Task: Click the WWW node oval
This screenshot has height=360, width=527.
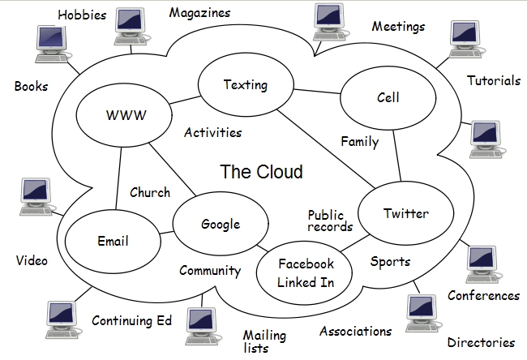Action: pos(126,115)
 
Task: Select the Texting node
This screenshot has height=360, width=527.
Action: pos(245,86)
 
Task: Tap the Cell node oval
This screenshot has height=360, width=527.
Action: pos(388,98)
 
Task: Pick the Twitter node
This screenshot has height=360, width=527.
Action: pos(405,213)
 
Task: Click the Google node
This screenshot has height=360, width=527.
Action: pos(221,225)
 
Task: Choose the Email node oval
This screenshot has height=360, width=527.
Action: pos(113,241)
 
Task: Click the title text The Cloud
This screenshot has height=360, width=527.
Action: pos(261,172)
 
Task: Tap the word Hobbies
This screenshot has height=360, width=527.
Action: pos(82,15)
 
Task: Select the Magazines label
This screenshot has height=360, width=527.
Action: pos(199,13)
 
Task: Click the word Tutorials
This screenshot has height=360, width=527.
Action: pos(493,81)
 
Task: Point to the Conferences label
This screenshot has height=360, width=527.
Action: pos(483,296)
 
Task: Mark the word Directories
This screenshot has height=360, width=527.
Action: pos(480,343)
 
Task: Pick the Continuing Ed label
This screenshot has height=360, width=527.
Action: pos(131,321)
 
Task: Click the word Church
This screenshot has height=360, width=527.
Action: pos(150,193)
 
